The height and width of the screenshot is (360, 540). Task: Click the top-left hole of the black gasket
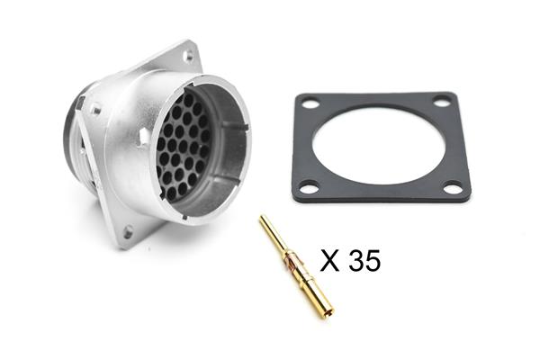[311, 103]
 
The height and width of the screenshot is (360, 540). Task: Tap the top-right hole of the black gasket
[440, 102]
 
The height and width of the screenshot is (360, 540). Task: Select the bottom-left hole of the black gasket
[309, 188]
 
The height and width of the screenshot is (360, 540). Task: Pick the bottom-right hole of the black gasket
[452, 188]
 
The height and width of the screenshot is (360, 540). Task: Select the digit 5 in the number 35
[373, 260]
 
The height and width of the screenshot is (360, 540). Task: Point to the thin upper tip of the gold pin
[263, 219]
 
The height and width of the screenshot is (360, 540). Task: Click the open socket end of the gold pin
[328, 313]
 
